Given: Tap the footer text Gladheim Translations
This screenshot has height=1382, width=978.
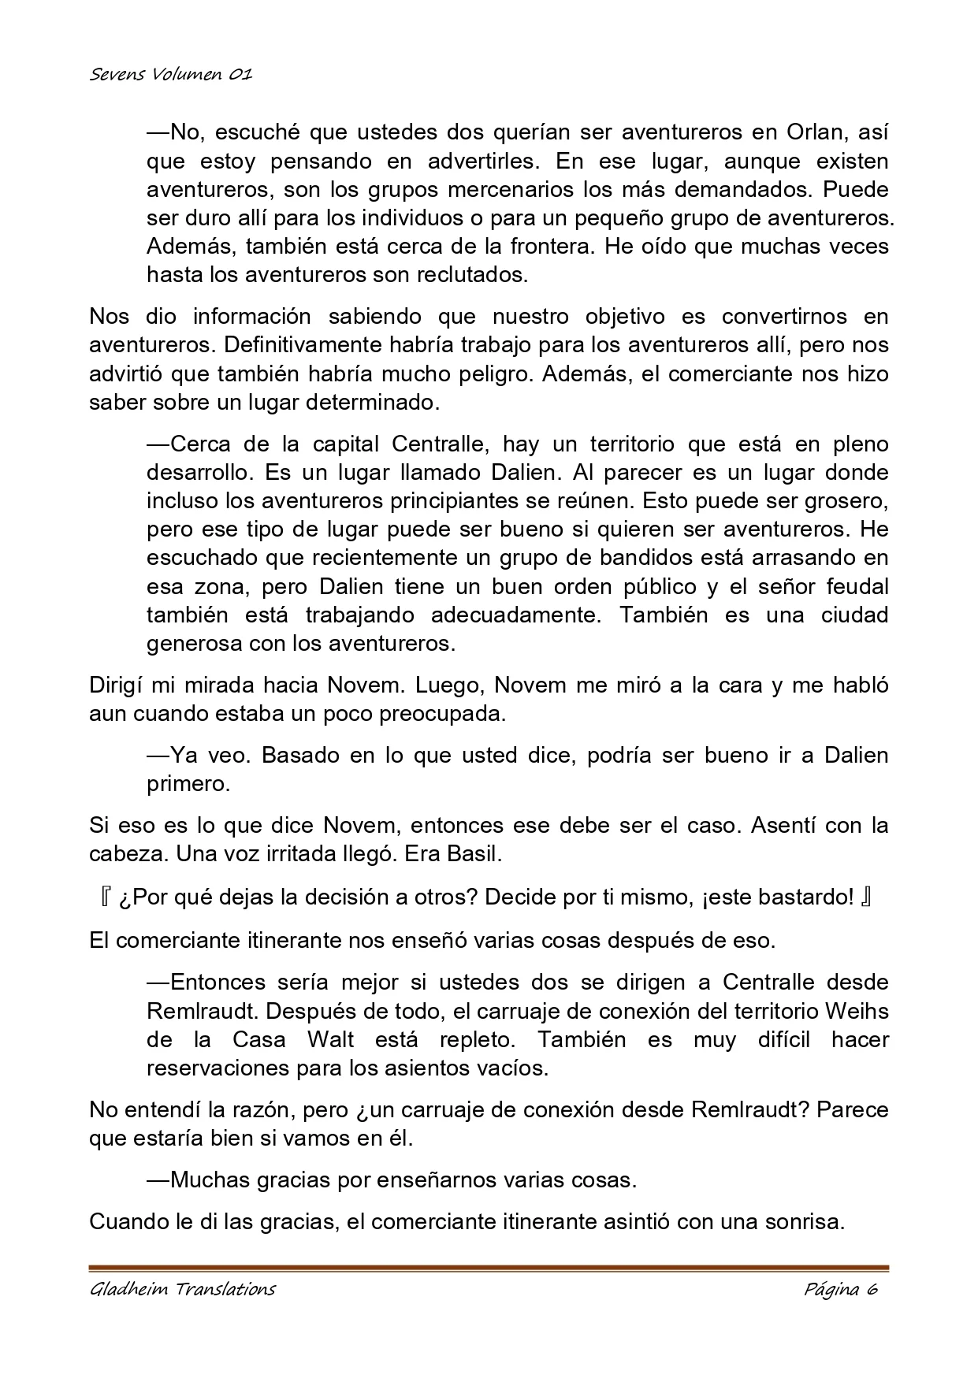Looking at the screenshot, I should (182, 1289).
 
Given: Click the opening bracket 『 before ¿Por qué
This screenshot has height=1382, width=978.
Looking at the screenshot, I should (105, 897).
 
